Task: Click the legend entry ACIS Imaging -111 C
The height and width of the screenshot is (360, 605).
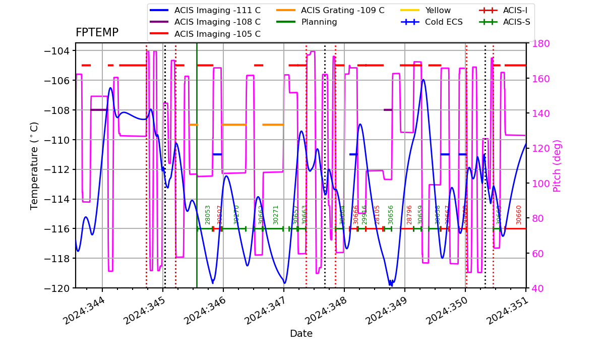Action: (217, 10)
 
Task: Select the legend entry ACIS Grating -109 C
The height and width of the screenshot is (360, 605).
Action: (342, 10)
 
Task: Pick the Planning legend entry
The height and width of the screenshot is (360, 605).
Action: (319, 22)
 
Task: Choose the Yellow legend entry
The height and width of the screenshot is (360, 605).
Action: (438, 10)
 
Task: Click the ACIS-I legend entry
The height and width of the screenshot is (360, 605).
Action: (515, 10)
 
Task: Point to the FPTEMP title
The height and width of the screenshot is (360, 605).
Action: (97, 33)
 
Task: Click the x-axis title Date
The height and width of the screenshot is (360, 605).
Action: (301, 334)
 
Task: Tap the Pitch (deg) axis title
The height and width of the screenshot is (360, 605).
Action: (557, 165)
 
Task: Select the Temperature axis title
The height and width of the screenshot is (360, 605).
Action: (35, 165)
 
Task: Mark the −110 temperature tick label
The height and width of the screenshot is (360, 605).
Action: (57, 140)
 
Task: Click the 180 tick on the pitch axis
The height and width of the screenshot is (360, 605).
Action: (537, 43)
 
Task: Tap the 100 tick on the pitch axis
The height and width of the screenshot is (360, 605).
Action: (537, 184)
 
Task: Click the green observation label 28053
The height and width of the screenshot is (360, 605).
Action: (208, 215)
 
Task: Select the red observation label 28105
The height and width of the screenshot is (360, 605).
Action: (377, 215)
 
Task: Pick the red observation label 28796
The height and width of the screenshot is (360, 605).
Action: (409, 215)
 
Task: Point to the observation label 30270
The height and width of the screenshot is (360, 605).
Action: (236, 215)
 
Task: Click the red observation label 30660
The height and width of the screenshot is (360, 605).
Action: (519, 215)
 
